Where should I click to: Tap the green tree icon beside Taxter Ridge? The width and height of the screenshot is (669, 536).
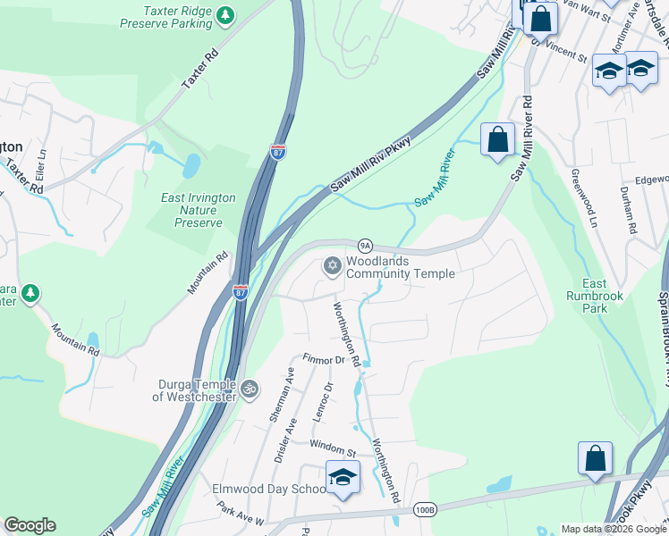227,15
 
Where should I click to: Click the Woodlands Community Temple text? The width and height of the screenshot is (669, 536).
400,267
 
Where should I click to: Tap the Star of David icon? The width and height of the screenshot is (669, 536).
332,266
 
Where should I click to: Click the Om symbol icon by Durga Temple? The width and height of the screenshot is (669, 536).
250,389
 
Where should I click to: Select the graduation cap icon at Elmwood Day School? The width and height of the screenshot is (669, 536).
342,478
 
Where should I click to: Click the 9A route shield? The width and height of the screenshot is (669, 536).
364,245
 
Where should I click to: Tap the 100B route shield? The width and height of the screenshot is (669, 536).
426,510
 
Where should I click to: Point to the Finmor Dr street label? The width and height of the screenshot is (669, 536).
324,360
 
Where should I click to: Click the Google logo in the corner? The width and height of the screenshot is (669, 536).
30,524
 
